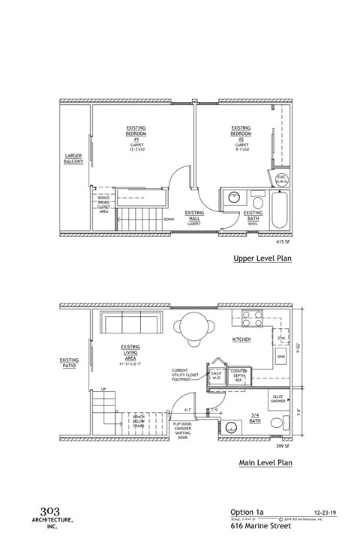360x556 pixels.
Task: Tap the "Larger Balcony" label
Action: [x=73, y=158]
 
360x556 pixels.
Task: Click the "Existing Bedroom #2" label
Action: [x=241, y=136]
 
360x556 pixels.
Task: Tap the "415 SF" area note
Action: [x=283, y=242]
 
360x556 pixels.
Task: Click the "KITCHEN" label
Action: [x=241, y=339]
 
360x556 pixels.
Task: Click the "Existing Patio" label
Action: [x=69, y=362]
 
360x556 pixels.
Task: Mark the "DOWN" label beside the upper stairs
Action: [x=169, y=220]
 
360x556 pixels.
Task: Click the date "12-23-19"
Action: [x=322, y=513]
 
